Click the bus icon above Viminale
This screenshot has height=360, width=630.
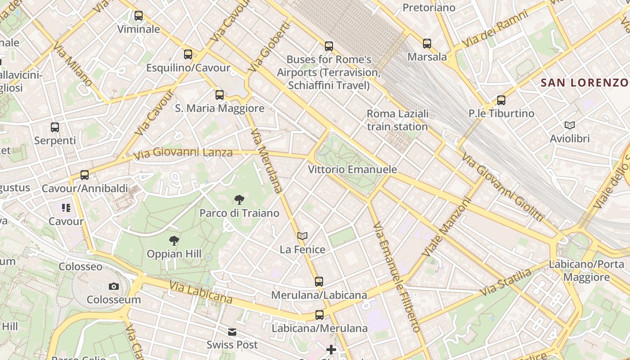tap(139, 16)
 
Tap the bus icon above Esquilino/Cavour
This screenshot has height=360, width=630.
tap(188, 54)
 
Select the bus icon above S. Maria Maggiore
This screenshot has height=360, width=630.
tap(220, 95)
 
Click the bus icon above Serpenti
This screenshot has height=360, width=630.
tap(55, 127)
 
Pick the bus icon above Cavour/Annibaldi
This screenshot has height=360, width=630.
tap(85, 175)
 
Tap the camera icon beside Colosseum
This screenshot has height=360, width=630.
tap(114, 286)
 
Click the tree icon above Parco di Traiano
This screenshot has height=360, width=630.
tap(239, 200)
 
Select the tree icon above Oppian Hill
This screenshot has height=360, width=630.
tap(174, 241)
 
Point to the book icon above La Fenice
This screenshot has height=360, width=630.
tap(302, 236)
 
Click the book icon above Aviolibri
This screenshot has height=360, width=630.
tap(570, 125)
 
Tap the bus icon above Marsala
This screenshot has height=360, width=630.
tap(427, 44)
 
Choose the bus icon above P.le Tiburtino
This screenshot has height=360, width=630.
tap(501, 100)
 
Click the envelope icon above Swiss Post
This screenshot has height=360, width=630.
tap(232, 332)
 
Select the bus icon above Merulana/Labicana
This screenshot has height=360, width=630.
tap(319, 282)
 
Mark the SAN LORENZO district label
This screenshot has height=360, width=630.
tap(585, 83)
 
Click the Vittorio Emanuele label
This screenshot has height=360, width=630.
tap(352, 170)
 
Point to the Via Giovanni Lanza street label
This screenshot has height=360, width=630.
tap(184, 153)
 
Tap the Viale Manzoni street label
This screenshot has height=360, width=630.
tap(447, 228)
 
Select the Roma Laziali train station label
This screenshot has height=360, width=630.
tap(397, 120)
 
